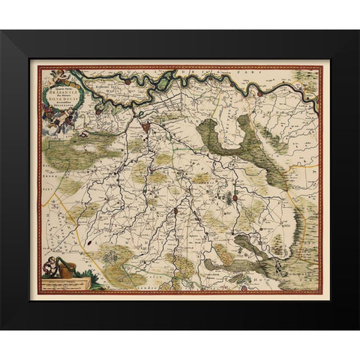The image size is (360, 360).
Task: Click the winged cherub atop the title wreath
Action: [x=59, y=72]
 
